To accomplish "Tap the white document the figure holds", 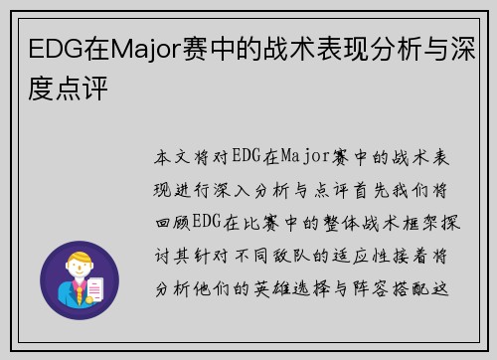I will point(95,289).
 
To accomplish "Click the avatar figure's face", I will point(80,270).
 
